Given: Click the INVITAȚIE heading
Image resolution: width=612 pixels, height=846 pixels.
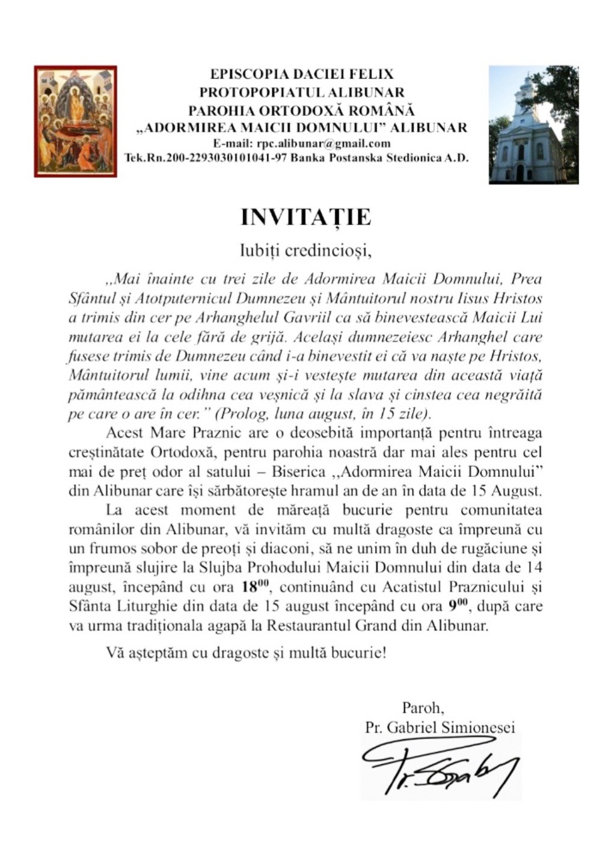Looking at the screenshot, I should [305, 218].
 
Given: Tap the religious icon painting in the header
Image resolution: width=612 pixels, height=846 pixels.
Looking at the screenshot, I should [76, 121].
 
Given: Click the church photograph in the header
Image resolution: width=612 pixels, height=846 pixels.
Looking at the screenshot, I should [533, 124].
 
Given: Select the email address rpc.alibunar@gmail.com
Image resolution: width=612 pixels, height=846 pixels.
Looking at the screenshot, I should [323, 144].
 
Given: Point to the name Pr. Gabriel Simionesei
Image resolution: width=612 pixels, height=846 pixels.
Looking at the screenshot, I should [439, 727].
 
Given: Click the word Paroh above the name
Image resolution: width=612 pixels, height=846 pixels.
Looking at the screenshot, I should [423, 707].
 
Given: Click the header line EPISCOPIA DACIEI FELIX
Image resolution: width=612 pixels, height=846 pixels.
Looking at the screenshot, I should [302, 75].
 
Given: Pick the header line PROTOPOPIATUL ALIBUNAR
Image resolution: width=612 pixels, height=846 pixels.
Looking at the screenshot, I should [302, 93].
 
